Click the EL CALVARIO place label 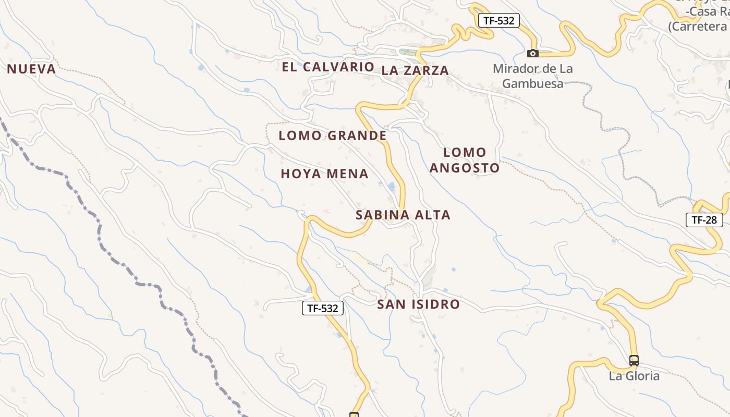click(x=328, y=67)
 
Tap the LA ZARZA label click(x=415, y=70)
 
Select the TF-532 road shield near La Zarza click(x=499, y=21)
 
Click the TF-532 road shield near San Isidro click(x=323, y=308)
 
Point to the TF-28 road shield click(x=704, y=220)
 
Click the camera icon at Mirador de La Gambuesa click(x=532, y=53)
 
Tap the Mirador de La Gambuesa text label click(x=532, y=76)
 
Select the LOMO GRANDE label click(x=333, y=136)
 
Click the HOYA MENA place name click(x=324, y=174)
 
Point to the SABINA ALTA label click(x=403, y=215)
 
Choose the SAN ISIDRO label click(x=419, y=304)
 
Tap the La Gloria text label click(x=634, y=376)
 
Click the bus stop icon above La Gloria click(x=634, y=360)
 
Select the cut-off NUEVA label click(x=31, y=69)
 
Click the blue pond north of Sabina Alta click(x=392, y=186)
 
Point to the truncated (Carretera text click(x=699, y=26)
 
